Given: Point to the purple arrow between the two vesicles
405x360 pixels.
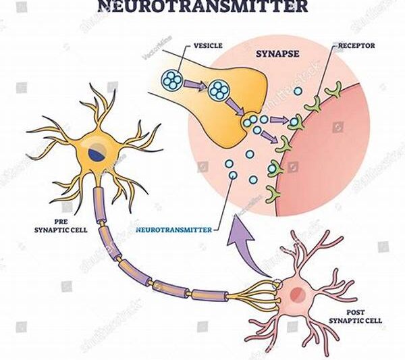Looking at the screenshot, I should point(196,85).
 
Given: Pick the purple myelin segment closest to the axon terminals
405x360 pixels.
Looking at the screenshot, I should point(209,294).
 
